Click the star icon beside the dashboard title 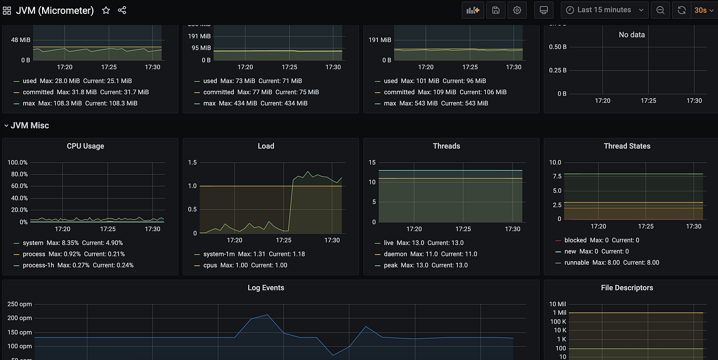(106, 10)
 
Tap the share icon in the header (122, 10)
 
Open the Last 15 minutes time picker (604, 10)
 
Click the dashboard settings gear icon (517, 10)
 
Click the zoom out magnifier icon (661, 10)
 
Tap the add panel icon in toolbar (473, 10)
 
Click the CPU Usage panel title (85, 146)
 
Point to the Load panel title (266, 146)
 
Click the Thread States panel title (627, 146)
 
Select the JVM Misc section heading (30, 125)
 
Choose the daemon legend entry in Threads (395, 254)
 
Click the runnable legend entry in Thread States (576, 263)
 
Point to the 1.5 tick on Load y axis (192, 163)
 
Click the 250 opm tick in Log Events (19, 304)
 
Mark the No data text (631, 35)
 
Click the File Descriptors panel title (627, 288)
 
